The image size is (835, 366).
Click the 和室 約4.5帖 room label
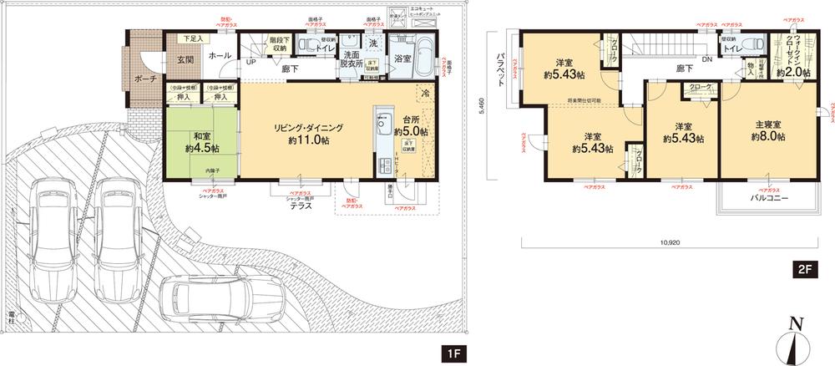tap(204, 143)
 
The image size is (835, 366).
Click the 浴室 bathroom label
tap(402, 58)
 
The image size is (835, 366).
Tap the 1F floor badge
tap(453, 353)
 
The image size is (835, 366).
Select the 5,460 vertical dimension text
tap(478, 107)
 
